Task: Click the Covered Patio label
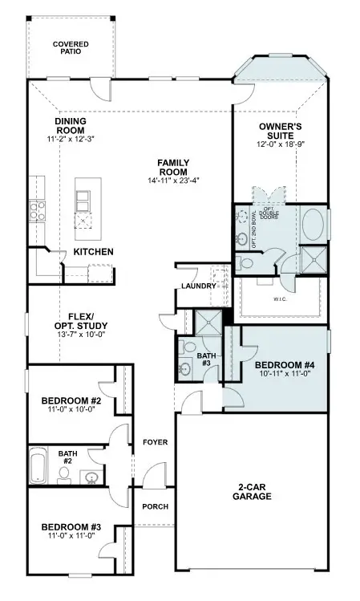point(71,47)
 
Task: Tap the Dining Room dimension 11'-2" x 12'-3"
point(70,139)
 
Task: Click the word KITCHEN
point(93,252)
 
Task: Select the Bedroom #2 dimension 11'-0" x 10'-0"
point(71,409)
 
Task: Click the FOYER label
point(154,442)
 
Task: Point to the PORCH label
point(154,506)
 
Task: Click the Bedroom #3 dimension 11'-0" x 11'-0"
point(71,536)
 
